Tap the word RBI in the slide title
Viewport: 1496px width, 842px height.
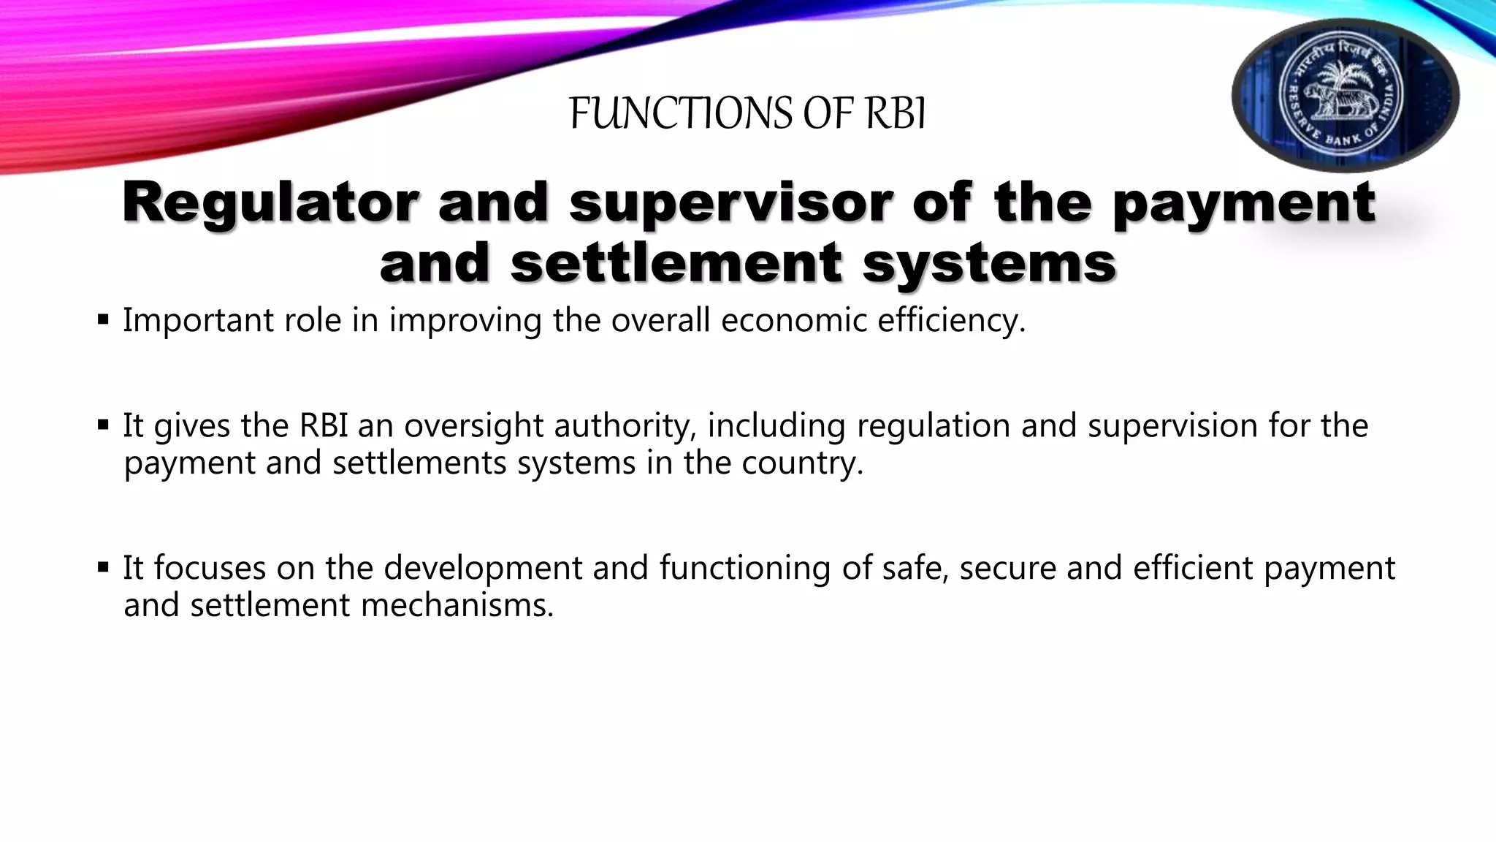[x=896, y=114]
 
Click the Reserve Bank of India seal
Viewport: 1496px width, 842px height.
[x=1346, y=95]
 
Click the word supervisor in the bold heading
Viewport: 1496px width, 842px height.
[x=730, y=202]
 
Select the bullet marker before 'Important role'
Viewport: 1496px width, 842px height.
[x=103, y=319]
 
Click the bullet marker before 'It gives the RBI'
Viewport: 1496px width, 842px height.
[x=103, y=425]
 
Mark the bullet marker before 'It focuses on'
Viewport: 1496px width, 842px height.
[x=103, y=566]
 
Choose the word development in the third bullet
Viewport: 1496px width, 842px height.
[x=483, y=568]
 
